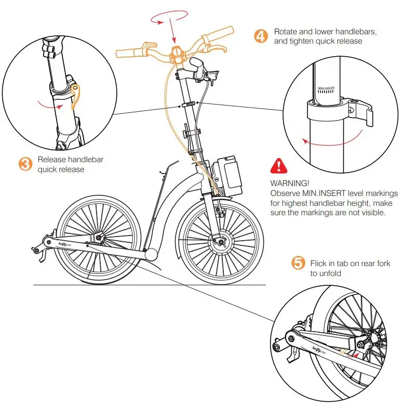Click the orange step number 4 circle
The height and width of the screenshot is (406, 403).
tap(261, 36)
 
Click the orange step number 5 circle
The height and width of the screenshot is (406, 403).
tap(298, 264)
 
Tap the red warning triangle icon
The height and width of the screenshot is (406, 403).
tap(279, 166)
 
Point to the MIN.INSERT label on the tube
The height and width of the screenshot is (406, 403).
tap(328, 89)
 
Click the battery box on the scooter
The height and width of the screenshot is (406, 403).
tap(228, 176)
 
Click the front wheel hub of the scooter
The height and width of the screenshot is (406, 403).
tap(220, 242)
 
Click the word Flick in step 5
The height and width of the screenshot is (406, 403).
tap(318, 263)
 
